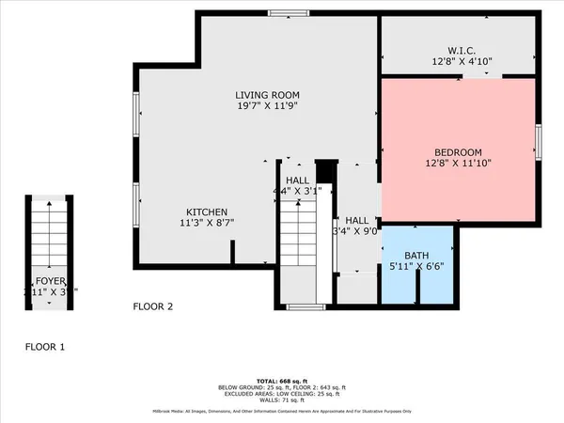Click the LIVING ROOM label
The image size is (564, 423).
click(x=267, y=95)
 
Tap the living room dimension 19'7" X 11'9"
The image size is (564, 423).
click(x=267, y=107)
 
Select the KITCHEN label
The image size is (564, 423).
click(x=207, y=212)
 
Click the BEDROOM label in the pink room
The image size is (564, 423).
click(x=458, y=152)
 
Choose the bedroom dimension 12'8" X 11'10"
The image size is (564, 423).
click(x=458, y=164)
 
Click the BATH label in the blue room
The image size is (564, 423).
click(x=416, y=255)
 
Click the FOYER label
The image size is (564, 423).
click(x=50, y=280)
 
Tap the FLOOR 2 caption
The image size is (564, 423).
click(x=153, y=306)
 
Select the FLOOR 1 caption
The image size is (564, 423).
click(x=45, y=347)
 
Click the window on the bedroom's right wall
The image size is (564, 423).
click(x=538, y=142)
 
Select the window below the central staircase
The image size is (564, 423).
click(x=300, y=307)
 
